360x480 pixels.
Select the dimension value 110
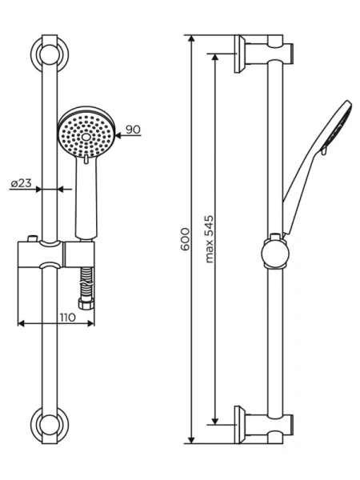[66, 318]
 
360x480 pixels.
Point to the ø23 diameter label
[21, 184]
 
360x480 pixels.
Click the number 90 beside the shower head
[134, 129]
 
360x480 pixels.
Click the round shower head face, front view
[86, 133]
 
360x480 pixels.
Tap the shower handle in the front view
[83, 200]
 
